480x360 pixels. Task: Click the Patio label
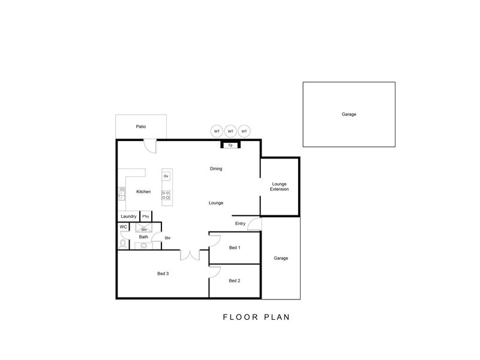(x=141, y=127)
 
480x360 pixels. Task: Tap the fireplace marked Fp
(x=230, y=145)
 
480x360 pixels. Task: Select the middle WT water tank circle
(x=230, y=131)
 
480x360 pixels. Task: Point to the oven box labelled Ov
(x=166, y=176)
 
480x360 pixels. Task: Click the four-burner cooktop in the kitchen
(x=166, y=195)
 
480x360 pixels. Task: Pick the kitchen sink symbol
(x=122, y=194)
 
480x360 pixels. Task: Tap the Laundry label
(x=128, y=217)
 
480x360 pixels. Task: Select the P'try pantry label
(x=146, y=217)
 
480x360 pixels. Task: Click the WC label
(x=124, y=227)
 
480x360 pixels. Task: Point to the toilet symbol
(x=123, y=244)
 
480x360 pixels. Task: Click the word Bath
(x=143, y=237)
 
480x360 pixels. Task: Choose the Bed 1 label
(x=235, y=248)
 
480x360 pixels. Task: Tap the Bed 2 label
(x=235, y=281)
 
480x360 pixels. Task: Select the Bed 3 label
(x=163, y=274)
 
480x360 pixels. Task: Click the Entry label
(x=241, y=223)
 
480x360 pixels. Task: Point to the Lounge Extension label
(x=279, y=187)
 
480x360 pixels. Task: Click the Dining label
(x=216, y=169)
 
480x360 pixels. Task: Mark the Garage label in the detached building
(x=349, y=114)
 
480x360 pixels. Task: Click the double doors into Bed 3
(x=190, y=256)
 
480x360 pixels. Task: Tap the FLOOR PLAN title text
(x=256, y=317)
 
